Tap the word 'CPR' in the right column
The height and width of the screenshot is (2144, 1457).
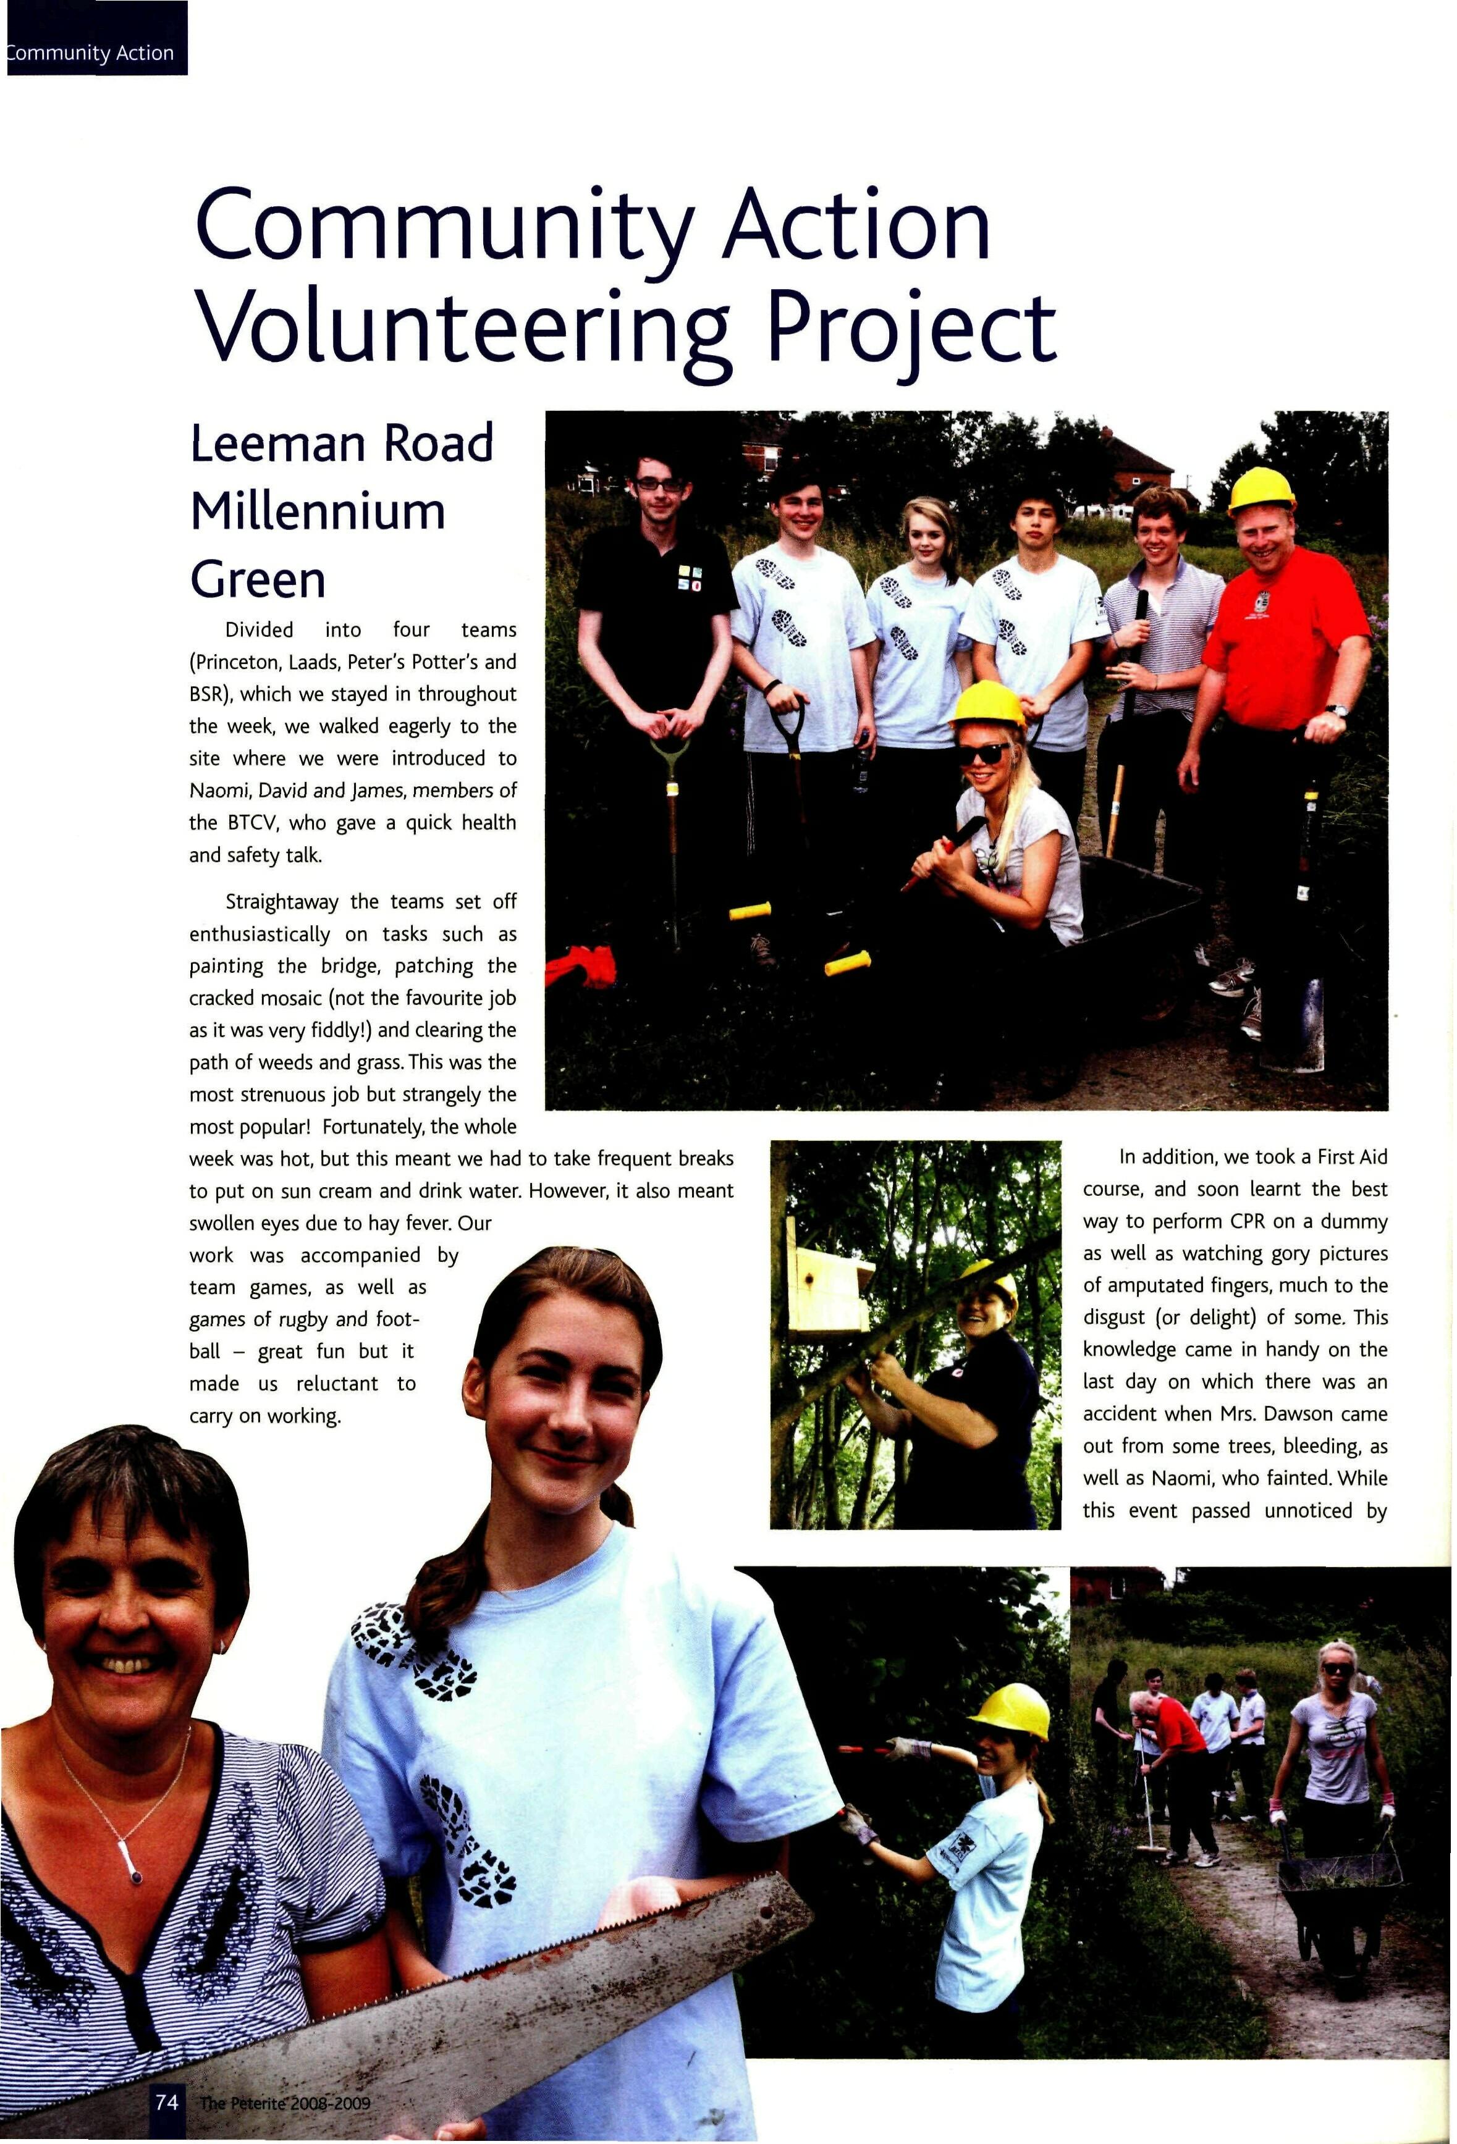coord(1250,1221)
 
